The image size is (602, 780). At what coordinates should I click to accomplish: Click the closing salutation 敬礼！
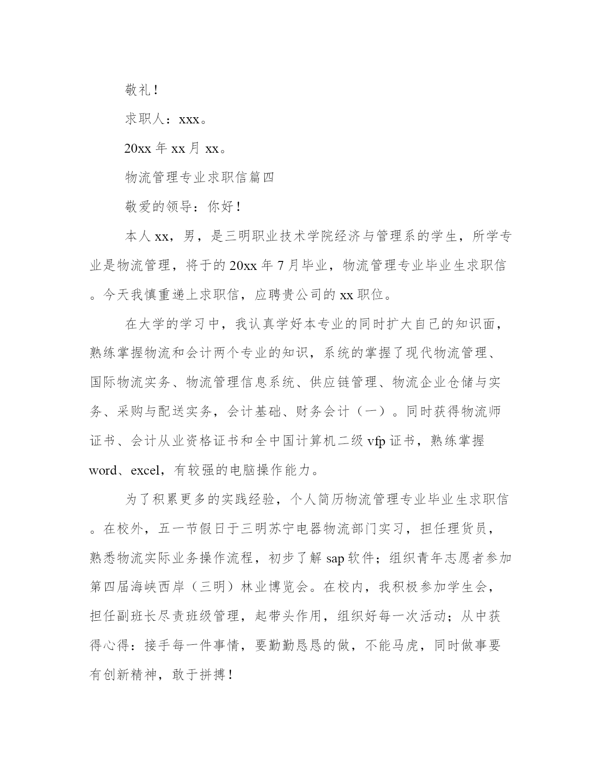pyautogui.click(x=141, y=90)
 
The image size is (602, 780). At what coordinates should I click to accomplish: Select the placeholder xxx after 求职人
pyautogui.click(x=189, y=120)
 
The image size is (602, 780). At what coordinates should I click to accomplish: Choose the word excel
pyautogui.click(x=145, y=470)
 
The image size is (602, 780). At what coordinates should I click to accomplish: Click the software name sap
pyautogui.click(x=336, y=558)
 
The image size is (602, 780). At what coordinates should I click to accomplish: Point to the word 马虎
pyautogui.click(x=406, y=646)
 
